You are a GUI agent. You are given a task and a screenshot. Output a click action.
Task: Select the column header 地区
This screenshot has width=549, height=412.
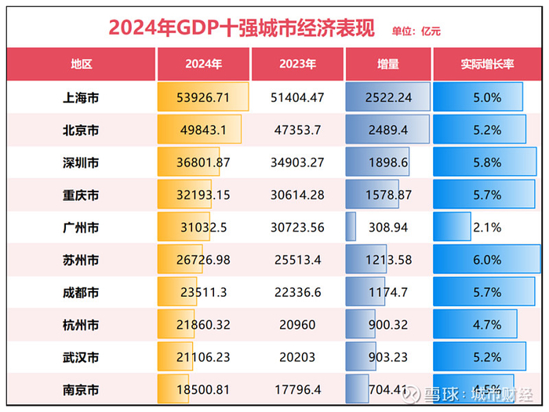(81, 64)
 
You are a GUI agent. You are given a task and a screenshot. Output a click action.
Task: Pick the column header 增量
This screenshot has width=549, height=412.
(387, 64)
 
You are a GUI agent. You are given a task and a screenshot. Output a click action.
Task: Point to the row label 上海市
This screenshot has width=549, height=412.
(81, 98)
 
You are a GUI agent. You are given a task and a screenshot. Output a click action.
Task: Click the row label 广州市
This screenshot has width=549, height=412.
(81, 227)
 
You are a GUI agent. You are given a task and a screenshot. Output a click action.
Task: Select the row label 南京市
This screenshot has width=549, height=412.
(81, 388)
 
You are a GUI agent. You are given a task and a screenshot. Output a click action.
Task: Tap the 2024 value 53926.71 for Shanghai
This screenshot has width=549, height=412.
(203, 98)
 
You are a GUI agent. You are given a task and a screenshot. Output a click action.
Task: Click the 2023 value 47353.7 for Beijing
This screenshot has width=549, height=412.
(295, 130)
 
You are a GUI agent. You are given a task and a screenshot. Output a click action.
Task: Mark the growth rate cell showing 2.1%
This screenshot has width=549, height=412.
(487, 227)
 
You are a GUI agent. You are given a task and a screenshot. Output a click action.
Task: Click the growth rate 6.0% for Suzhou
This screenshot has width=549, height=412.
(487, 260)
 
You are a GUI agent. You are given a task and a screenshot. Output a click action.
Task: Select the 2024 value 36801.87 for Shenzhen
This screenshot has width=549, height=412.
(203, 162)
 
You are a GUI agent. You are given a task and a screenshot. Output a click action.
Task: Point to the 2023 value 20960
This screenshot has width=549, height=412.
(295, 324)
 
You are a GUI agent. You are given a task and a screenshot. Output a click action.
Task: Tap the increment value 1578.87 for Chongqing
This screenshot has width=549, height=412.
(387, 195)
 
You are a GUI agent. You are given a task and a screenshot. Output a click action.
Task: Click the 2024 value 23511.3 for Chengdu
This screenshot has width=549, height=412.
(203, 292)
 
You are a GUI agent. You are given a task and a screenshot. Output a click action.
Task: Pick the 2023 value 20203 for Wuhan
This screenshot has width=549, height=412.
(295, 356)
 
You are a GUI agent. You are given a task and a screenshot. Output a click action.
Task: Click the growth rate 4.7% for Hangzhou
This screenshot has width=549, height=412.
(487, 324)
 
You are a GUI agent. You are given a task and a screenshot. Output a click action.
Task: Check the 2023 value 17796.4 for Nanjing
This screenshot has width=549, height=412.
(295, 388)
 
